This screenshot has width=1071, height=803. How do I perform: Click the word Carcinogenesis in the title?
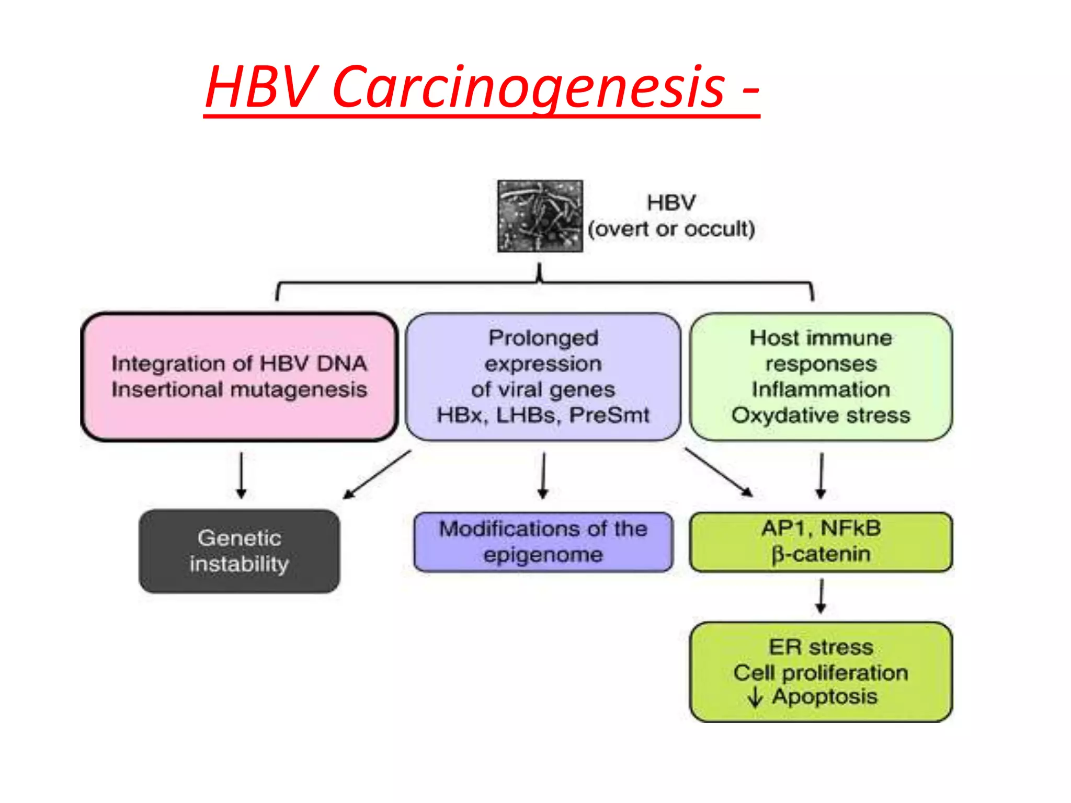528,86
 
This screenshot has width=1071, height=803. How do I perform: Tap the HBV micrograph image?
540,216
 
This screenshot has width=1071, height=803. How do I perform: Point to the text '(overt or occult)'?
671,230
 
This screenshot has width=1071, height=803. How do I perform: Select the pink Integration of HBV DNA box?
239,376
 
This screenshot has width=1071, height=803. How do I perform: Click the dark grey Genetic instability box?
239,551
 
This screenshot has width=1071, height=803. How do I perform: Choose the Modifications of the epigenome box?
543,542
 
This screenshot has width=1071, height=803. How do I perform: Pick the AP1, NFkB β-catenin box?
821,542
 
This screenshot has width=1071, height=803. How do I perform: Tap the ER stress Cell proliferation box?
821,672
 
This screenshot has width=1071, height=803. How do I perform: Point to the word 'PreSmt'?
609,416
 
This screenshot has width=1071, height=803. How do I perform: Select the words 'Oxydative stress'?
821,416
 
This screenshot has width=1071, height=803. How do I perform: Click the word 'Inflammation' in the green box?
821,389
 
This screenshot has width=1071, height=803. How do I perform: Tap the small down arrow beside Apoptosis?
755,697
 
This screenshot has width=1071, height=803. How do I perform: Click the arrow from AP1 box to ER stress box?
821,596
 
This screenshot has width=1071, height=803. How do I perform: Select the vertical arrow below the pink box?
241,475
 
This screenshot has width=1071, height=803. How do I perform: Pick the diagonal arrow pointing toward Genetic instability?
377,474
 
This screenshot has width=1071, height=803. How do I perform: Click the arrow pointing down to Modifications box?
543,475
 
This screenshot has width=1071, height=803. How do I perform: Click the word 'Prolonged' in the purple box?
543,338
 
